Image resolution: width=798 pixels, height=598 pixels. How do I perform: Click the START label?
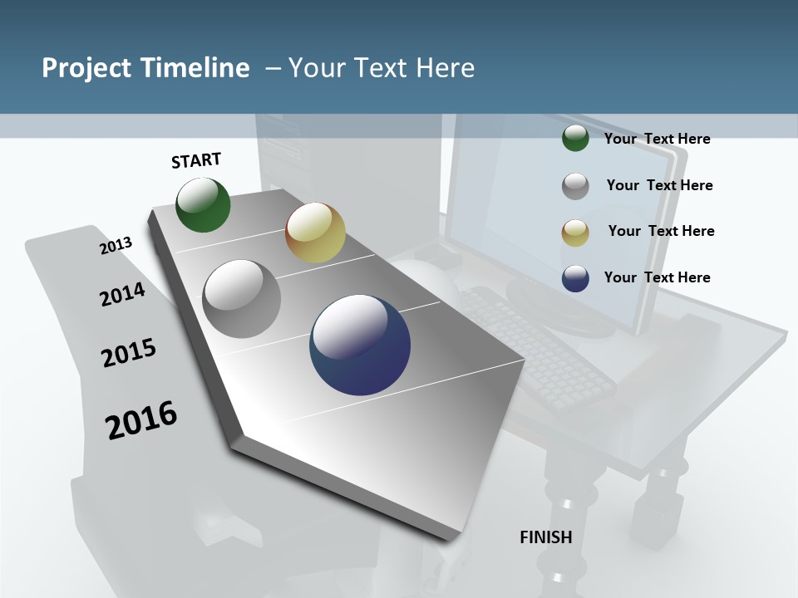click(x=196, y=160)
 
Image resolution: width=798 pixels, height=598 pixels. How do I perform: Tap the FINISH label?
click(x=545, y=537)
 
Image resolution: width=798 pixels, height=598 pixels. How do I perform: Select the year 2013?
click(x=116, y=246)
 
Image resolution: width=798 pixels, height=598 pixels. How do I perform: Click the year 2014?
click(x=122, y=294)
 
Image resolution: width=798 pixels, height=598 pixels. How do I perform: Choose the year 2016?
click(x=141, y=420)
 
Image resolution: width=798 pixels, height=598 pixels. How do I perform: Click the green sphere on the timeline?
click(x=203, y=205)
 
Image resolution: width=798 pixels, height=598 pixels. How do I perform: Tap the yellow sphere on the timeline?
click(x=315, y=233)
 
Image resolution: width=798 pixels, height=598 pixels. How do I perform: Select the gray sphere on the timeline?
click(x=242, y=299)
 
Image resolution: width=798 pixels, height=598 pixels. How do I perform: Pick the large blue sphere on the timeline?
click(x=360, y=345)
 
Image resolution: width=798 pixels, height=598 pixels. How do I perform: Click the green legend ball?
click(x=575, y=138)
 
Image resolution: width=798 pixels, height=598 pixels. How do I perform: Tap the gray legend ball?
click(x=575, y=186)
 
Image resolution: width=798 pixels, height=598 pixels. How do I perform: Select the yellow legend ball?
click(x=575, y=233)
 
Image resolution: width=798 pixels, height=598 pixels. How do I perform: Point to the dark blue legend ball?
click(x=575, y=278)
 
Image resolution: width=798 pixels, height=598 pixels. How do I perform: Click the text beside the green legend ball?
click(x=657, y=139)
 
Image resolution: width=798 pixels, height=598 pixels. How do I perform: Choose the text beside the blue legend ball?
click(x=657, y=277)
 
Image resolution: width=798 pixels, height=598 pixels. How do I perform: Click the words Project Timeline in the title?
click(x=145, y=68)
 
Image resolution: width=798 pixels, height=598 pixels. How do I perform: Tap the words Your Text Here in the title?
click(x=382, y=68)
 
